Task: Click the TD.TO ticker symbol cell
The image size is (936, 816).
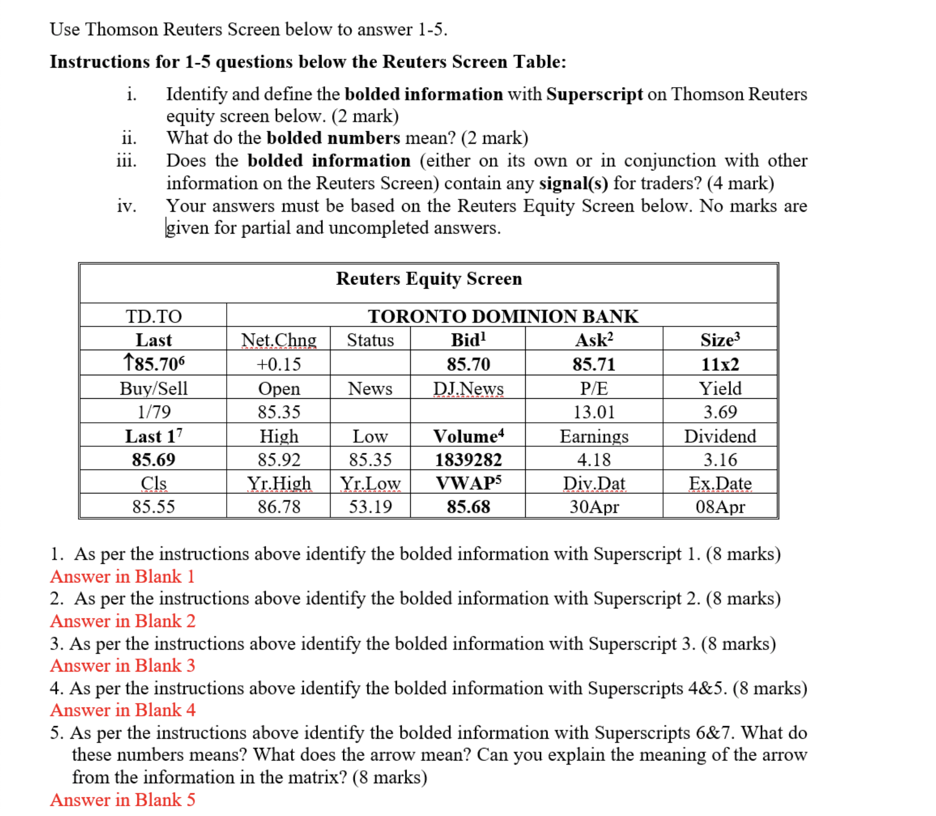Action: (x=154, y=316)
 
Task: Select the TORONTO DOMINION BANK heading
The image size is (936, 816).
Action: (x=503, y=316)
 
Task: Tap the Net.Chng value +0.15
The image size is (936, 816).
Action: (x=278, y=364)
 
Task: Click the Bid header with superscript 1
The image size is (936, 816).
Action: (x=468, y=340)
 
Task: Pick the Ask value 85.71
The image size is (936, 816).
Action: (x=593, y=364)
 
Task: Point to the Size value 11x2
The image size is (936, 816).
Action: (x=720, y=364)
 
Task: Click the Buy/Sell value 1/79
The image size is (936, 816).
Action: (x=154, y=412)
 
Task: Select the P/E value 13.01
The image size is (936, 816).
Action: (x=593, y=412)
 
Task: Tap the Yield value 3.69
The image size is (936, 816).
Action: (x=720, y=412)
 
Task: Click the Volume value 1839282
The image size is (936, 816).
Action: (x=468, y=460)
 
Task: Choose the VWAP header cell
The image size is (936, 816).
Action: (x=468, y=483)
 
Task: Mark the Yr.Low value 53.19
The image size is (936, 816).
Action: (x=370, y=507)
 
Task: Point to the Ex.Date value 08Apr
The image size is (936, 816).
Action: (x=720, y=507)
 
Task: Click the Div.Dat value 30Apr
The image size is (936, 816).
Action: (x=593, y=507)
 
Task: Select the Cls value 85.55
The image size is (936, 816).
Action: (x=154, y=507)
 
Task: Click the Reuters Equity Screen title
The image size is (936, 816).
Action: (x=429, y=278)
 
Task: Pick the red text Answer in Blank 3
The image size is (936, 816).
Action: (x=123, y=666)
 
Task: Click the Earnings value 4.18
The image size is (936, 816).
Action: (x=593, y=460)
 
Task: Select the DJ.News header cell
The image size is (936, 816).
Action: (x=468, y=388)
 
